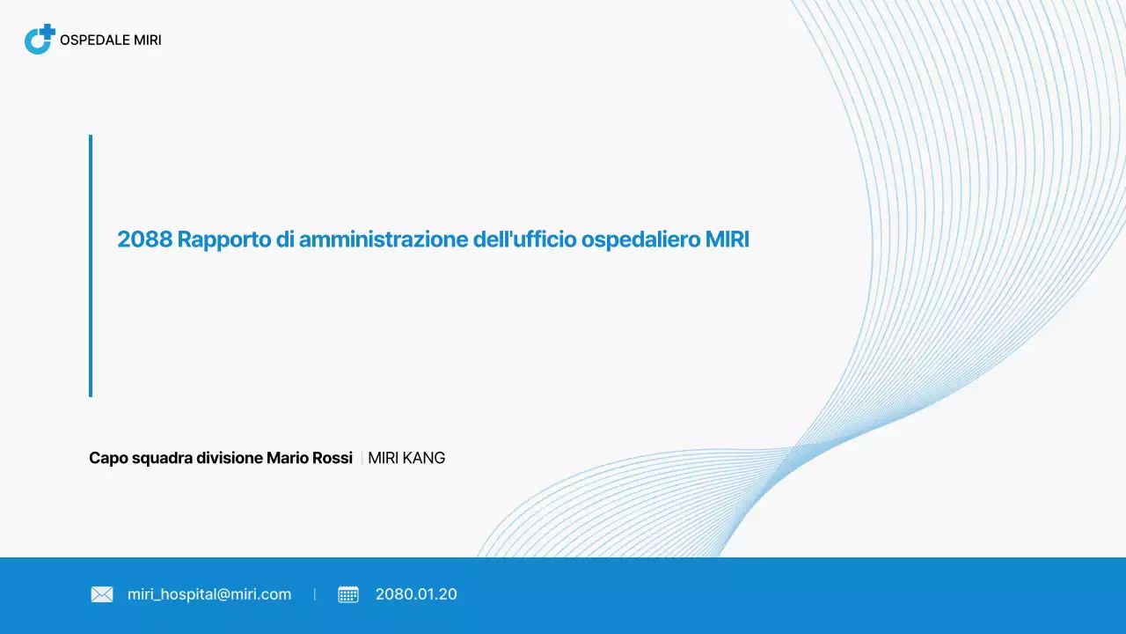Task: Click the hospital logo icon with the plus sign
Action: pos(40,40)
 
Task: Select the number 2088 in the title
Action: pos(144,240)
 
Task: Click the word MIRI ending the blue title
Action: pos(727,240)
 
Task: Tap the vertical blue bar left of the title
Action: pos(91,265)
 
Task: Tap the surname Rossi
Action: pos(333,458)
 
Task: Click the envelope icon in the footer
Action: pos(102,594)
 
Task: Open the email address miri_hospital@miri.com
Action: pos(209,594)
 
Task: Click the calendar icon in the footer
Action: pos(348,594)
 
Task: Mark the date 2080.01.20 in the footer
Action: pos(416,594)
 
